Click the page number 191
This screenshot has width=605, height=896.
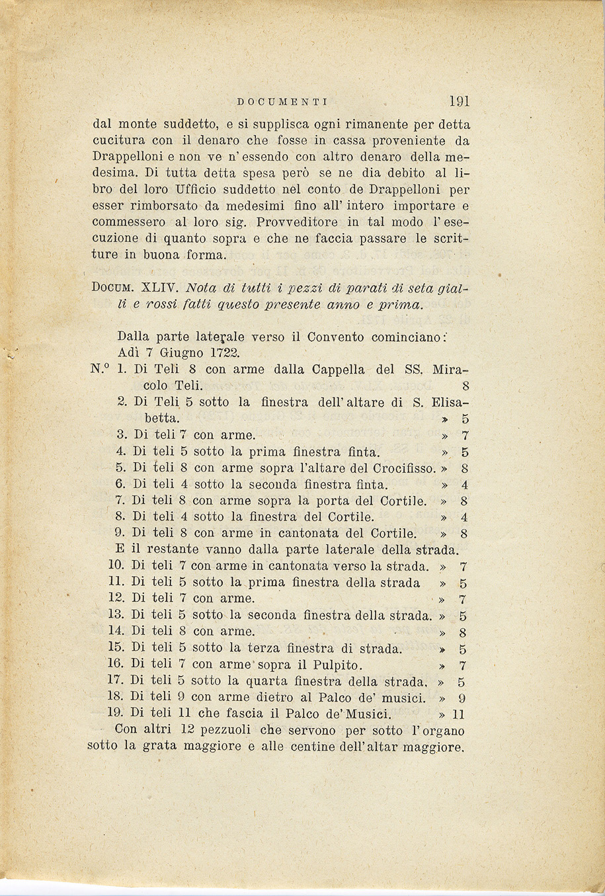pos(458,101)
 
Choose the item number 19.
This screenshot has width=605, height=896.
pos(116,713)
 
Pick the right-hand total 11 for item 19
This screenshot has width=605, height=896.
pos(460,714)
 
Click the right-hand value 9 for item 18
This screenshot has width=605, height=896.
pos(463,698)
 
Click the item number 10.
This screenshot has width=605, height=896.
pos(116,566)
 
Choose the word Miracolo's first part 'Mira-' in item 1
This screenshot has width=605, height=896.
pos(450,369)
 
